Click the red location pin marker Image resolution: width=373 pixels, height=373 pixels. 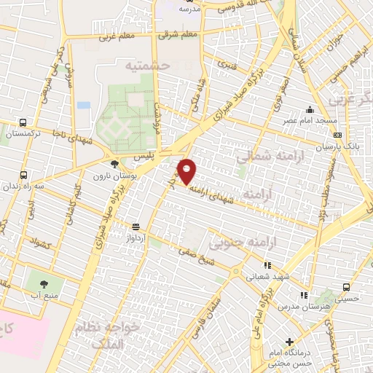[x=187, y=171]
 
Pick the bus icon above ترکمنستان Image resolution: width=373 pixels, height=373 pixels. [x=23, y=123]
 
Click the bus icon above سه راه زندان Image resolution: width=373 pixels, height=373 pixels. [x=23, y=175]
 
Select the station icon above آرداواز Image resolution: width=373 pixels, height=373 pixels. [x=136, y=227]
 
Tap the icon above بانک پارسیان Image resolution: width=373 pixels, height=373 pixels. [x=337, y=135]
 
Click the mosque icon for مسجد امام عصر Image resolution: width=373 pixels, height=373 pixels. [x=310, y=109]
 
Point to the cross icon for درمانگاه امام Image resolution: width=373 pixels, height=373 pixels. [x=290, y=341]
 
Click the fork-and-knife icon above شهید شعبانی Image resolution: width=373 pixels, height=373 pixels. [x=267, y=266]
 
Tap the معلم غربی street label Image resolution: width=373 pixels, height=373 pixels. [x=117, y=34]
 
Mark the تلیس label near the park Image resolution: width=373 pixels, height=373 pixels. [x=143, y=157]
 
